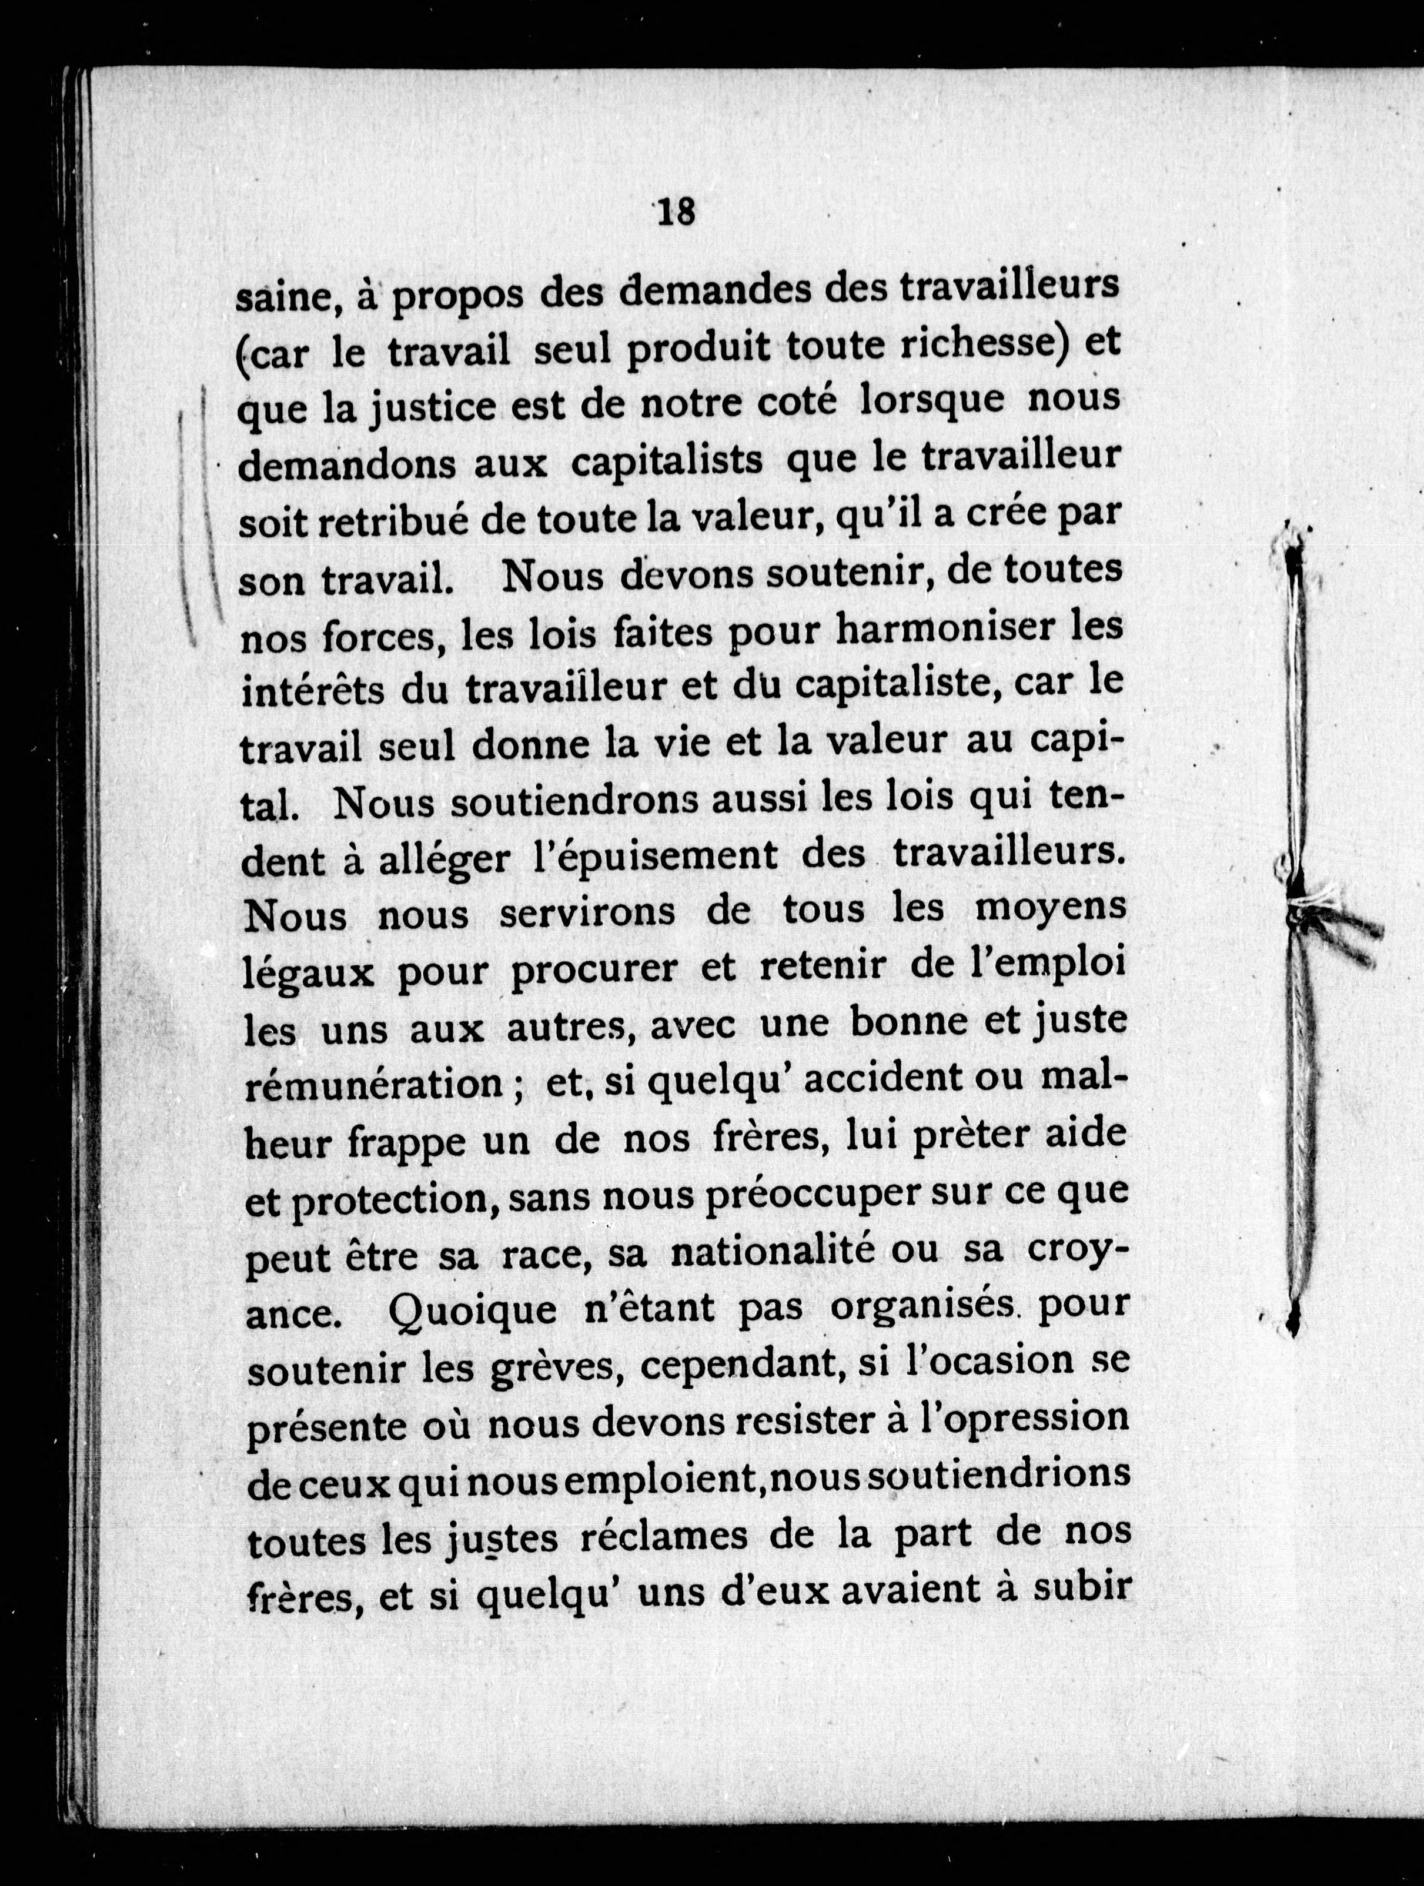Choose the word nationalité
click(x=774, y=1252)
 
